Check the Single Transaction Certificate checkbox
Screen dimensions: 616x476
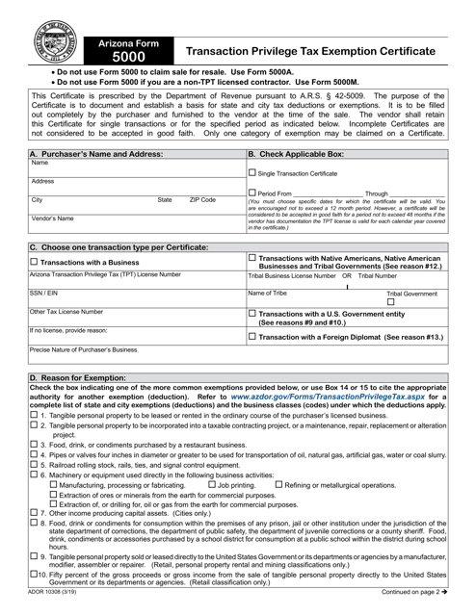click(252, 173)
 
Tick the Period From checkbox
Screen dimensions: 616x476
click(252, 193)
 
